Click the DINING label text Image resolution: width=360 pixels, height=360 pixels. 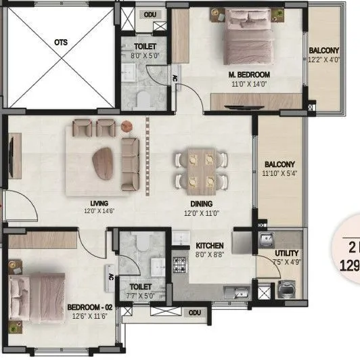point(201,204)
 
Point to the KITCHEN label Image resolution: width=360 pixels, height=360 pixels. point(210,245)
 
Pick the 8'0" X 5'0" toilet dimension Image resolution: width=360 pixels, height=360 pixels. point(147,57)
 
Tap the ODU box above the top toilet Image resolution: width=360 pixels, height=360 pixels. point(150,14)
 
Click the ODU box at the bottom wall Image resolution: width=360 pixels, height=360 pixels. point(195,313)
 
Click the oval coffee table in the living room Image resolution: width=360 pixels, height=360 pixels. point(105,162)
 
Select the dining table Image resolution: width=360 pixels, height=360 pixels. point(199,168)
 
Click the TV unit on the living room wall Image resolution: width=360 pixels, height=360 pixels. point(13,154)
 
